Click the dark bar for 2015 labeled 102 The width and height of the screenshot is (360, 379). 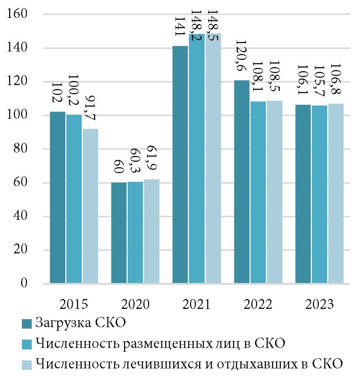[x=58, y=197]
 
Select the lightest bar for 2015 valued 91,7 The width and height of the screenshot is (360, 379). [x=90, y=206]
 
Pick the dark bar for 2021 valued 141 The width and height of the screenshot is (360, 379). [x=180, y=164]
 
